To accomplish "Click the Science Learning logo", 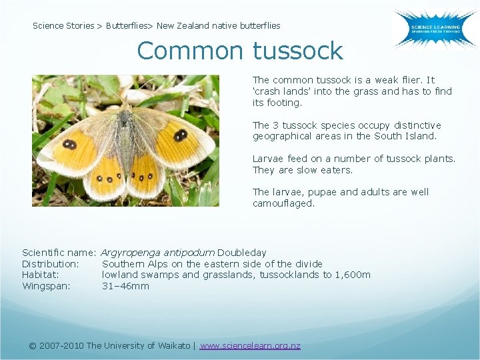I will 434,29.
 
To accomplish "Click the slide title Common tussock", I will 239,51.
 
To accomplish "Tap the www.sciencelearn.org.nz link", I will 250,345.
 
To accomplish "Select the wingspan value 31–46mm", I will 125,286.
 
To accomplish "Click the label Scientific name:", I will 60,253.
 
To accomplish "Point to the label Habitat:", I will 41,275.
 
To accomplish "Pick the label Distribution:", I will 51,264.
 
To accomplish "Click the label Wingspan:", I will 46,286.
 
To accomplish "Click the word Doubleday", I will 242,253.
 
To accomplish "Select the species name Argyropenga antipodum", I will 158,253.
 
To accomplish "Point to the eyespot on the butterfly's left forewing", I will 69,145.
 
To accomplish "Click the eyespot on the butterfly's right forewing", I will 180,136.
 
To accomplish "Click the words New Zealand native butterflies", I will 219,26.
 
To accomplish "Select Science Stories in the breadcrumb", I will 63,26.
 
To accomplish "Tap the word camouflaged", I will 283,203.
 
